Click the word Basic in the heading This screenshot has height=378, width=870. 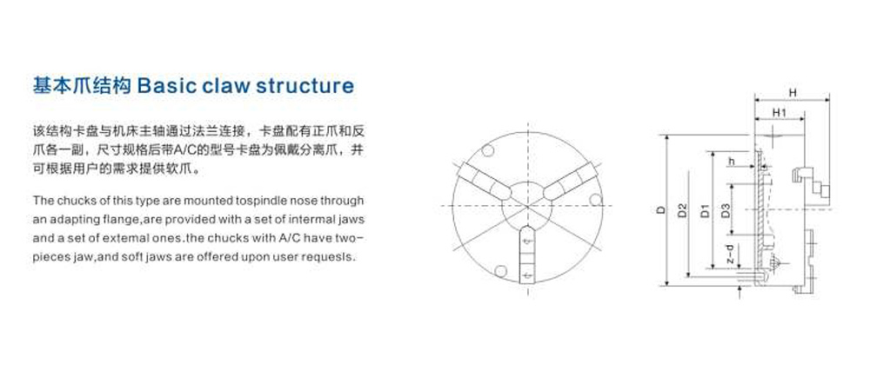pyautogui.click(x=164, y=87)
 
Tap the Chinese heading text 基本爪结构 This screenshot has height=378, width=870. pyautogui.click(x=82, y=87)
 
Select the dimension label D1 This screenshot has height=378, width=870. pyautogui.click(x=706, y=210)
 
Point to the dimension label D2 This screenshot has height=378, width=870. pyautogui.click(x=682, y=210)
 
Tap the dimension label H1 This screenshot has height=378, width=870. pyautogui.click(x=780, y=112)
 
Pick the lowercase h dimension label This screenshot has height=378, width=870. pyautogui.click(x=732, y=162)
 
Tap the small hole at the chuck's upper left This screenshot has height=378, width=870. pyautogui.click(x=487, y=150)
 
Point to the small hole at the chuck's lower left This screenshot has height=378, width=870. pyautogui.click(x=500, y=271)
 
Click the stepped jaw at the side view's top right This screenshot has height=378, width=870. pyautogui.click(x=811, y=181)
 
